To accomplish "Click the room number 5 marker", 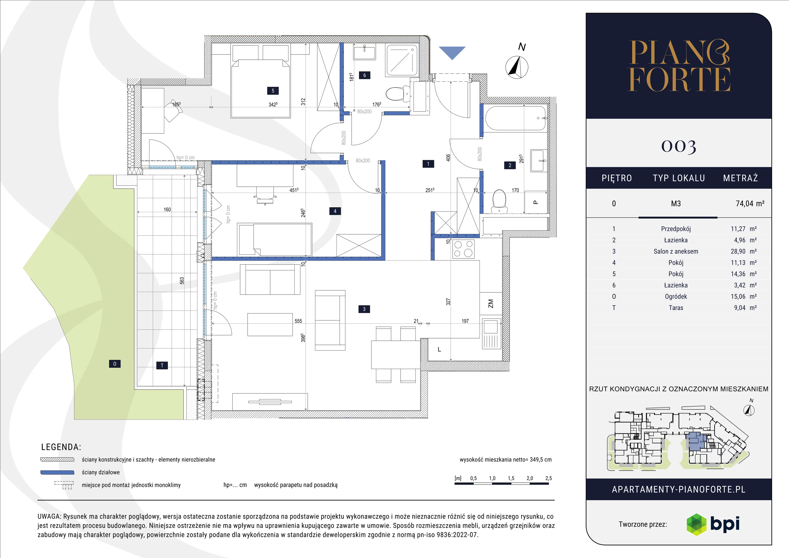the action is click(x=273, y=91).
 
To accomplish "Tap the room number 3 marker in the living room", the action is click(x=364, y=309).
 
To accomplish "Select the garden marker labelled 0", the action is click(x=115, y=364).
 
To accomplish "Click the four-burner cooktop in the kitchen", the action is click(x=464, y=249).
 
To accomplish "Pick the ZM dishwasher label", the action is click(x=490, y=304).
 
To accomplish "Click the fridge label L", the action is click(x=439, y=349).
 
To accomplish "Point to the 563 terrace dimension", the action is click(x=182, y=280).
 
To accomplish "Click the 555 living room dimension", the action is click(x=298, y=321).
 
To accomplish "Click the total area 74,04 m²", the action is click(x=750, y=204).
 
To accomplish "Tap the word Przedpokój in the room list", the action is click(x=676, y=229).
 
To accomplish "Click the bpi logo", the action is click(x=713, y=524).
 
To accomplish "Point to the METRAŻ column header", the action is click(x=740, y=178).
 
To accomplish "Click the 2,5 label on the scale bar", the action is click(x=548, y=478).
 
